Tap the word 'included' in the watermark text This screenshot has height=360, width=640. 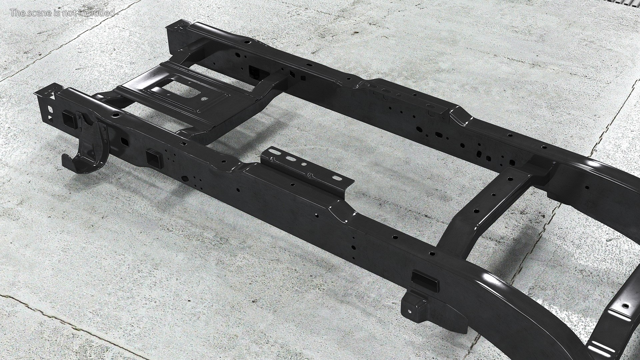pyautogui.click(x=100, y=13)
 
